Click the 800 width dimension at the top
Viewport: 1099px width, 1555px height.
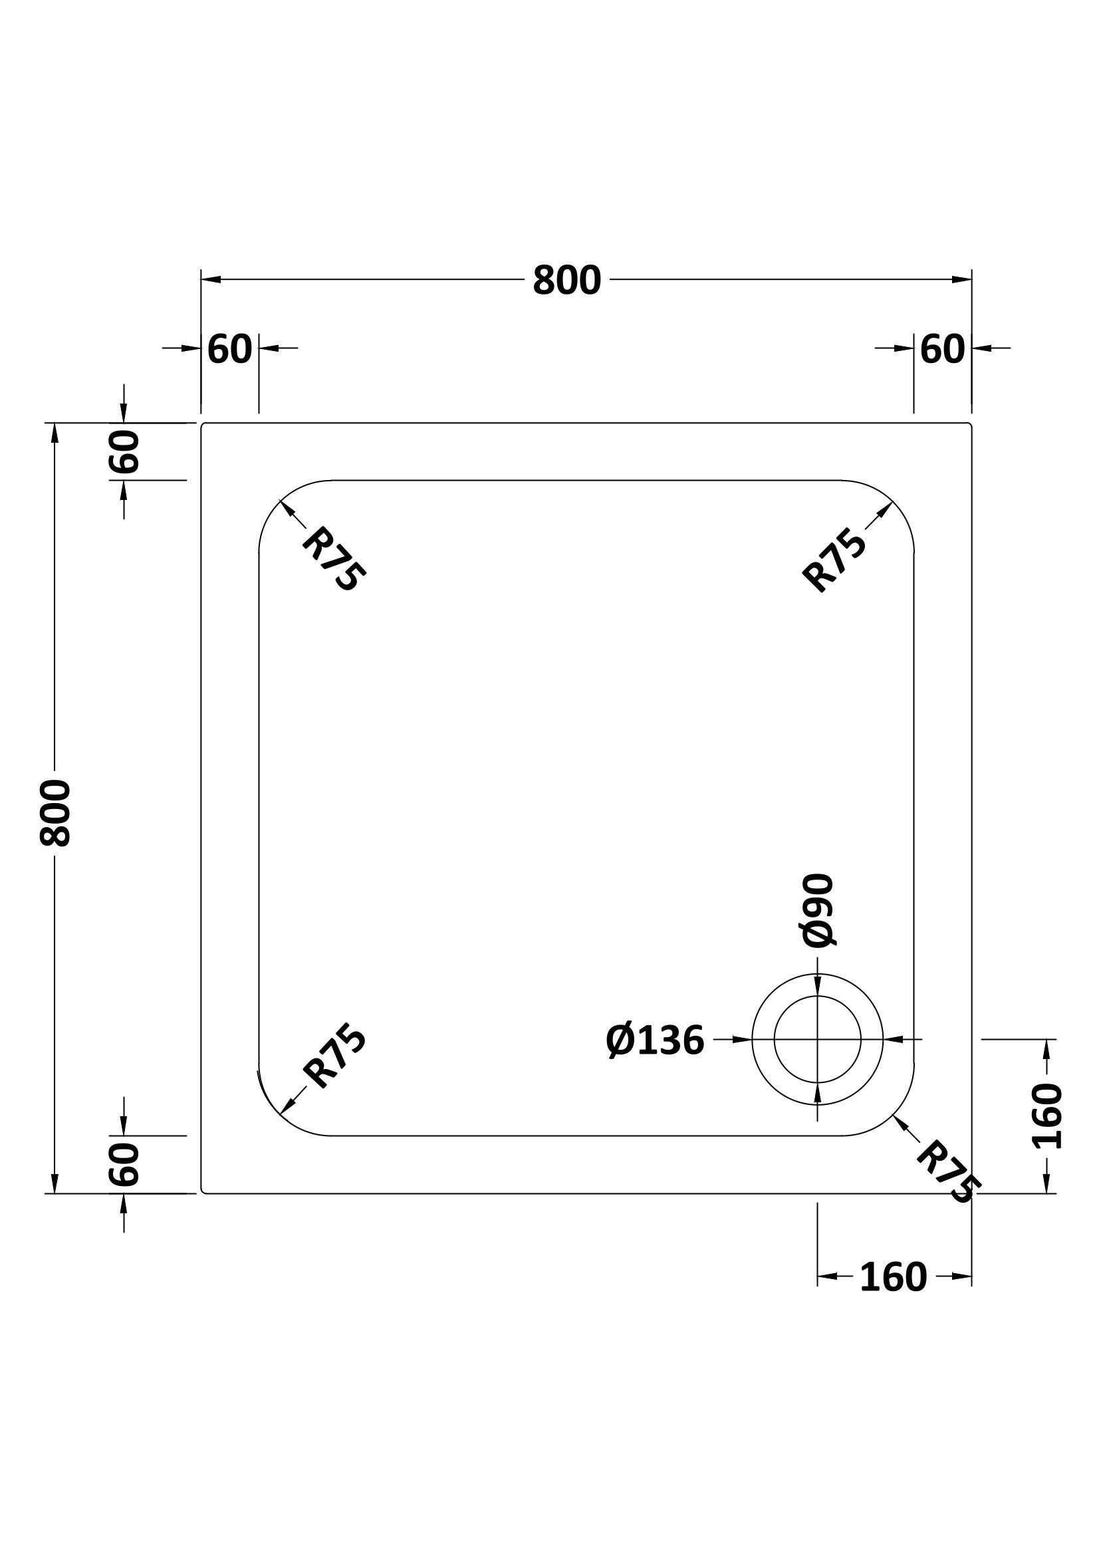pyautogui.click(x=566, y=280)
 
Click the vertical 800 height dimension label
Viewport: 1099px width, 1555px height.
pyautogui.click(x=55, y=812)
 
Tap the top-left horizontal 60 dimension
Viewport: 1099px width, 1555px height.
pyautogui.click(x=229, y=350)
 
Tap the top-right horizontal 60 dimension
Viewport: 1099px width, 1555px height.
pyautogui.click(x=943, y=350)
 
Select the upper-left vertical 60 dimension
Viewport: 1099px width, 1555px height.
pyautogui.click(x=124, y=451)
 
